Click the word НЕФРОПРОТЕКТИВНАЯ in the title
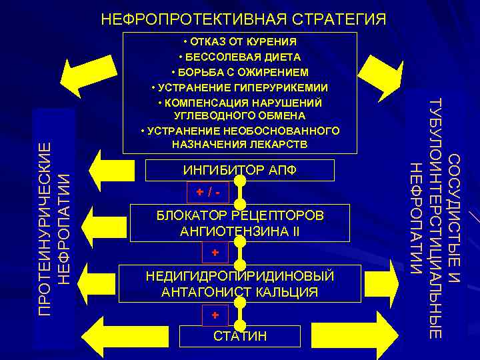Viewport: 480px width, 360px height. [191, 19]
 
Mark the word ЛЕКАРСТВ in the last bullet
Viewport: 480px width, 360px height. [279, 143]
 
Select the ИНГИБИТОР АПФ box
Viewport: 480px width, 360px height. [239, 170]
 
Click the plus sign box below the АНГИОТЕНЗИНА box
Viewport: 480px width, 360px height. [215, 253]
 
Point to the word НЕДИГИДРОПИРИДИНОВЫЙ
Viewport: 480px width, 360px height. [239, 276]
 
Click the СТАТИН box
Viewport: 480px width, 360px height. [239, 335]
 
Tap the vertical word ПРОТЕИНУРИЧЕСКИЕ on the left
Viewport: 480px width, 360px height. [45, 228]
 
